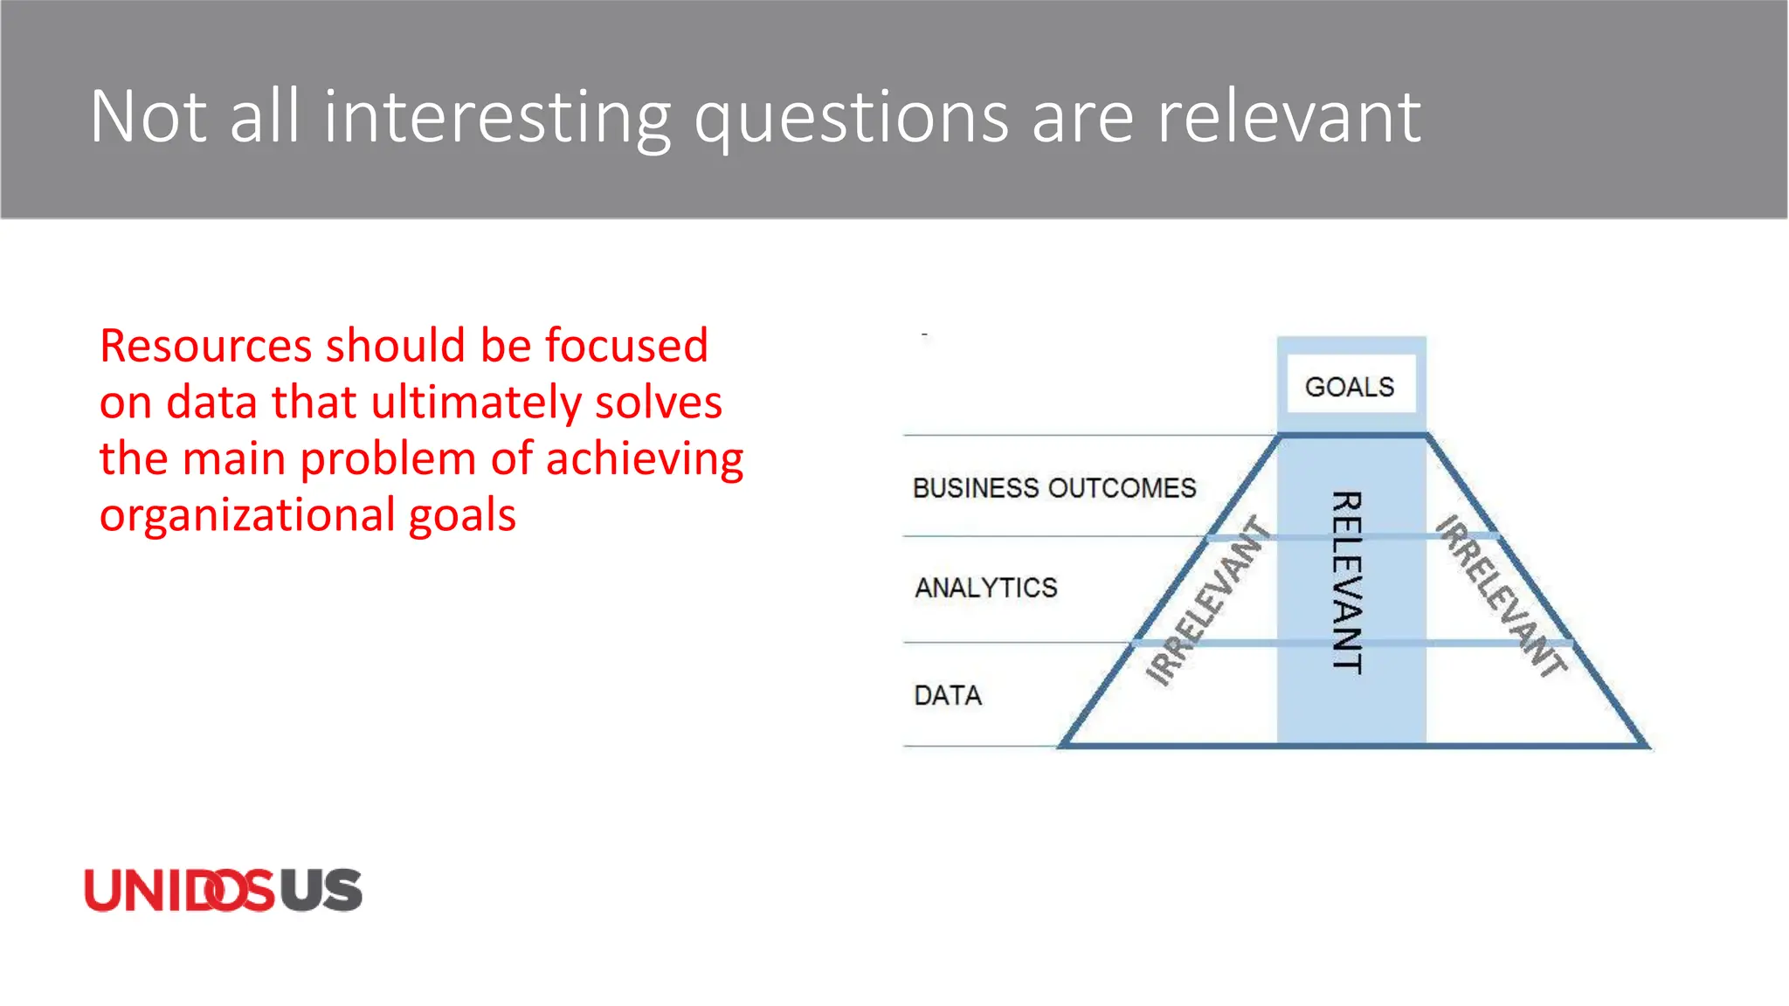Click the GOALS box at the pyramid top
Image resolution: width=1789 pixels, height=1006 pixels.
click(1350, 387)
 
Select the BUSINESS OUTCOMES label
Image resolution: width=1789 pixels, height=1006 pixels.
click(1053, 488)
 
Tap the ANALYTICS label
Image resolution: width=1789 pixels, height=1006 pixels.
click(985, 588)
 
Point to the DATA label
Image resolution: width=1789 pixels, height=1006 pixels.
click(948, 696)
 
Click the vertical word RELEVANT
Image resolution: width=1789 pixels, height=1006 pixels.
click(1347, 582)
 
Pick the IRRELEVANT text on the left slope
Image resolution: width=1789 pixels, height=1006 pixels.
click(1208, 601)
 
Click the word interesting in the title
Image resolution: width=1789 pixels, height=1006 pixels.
click(497, 117)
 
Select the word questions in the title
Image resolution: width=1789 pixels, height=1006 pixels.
click(852, 119)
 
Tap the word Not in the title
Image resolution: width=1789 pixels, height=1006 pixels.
click(148, 117)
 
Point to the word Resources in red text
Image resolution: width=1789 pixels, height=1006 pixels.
click(206, 346)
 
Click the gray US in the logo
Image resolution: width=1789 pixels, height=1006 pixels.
click(321, 891)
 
